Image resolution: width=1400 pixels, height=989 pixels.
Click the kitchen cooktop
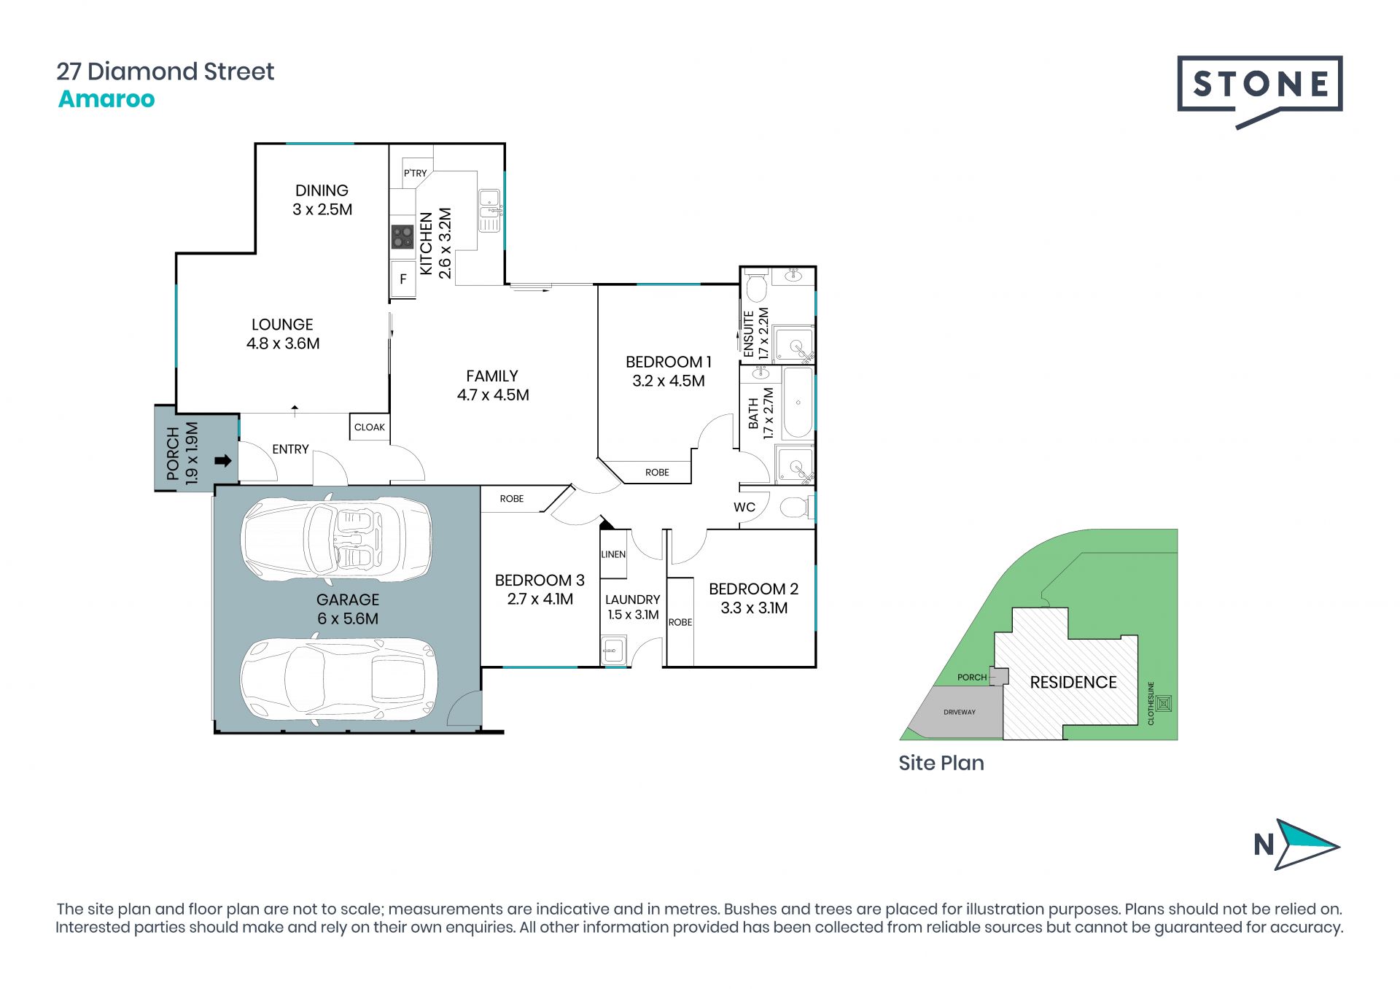[402, 236]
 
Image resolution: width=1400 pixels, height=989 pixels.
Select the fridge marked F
[403, 279]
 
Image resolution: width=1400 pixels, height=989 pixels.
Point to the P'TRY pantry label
[415, 173]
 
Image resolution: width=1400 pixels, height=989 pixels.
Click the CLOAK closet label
[370, 427]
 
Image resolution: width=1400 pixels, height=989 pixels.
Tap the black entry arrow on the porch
[223, 461]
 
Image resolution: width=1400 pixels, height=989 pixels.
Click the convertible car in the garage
[336, 540]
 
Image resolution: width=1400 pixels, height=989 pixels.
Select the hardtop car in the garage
[339, 679]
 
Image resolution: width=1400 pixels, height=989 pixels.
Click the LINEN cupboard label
[613, 554]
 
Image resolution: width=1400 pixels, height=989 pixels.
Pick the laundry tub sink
[613, 649]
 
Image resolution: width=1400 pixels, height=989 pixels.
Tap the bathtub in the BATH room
[798, 403]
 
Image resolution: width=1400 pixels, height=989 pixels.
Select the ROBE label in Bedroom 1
[657, 473]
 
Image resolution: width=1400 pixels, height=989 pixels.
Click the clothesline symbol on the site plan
[1164, 703]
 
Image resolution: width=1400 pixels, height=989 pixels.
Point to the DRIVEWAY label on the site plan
[960, 712]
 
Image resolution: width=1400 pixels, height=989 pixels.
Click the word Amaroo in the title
[106, 99]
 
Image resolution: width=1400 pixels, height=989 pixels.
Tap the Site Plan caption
[941, 763]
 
